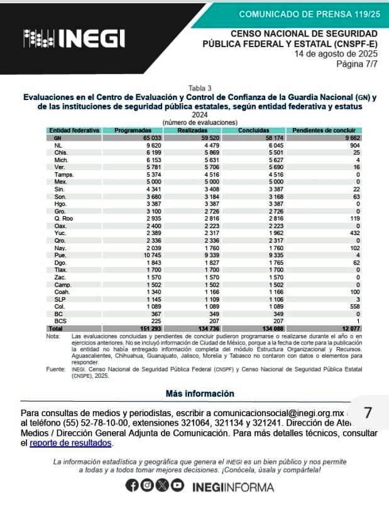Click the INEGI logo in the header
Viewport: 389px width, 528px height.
tap(74, 40)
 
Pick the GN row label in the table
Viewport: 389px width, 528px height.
tap(57, 137)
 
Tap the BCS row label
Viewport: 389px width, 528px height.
tap(60, 321)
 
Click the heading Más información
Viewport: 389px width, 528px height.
tap(200, 393)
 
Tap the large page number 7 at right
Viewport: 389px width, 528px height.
tap(368, 413)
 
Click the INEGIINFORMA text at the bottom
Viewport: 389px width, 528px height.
tap(233, 487)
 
